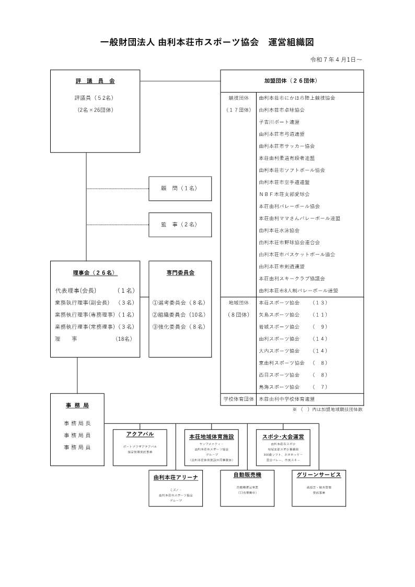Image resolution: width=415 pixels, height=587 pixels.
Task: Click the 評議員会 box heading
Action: pos(95,81)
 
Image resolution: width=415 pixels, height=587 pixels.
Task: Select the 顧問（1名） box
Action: pos(180,189)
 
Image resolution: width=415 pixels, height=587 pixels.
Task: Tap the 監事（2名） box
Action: pos(180,224)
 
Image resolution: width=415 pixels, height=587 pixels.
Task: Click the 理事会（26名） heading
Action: pos(95,272)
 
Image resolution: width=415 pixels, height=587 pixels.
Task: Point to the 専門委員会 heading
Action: pos(180,272)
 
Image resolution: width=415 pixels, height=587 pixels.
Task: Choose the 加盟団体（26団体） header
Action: pos(291,81)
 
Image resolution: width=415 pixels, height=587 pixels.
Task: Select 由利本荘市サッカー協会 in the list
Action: pos(286,146)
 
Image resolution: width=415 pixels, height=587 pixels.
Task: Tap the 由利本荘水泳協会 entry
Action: pos(279,230)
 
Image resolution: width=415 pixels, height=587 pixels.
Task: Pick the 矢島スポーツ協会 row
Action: pos(279,315)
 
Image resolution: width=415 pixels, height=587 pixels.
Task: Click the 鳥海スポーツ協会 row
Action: pos(279,387)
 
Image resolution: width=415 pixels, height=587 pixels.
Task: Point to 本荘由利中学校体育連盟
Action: pos(290,399)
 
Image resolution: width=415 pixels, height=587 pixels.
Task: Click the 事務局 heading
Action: pos(77,405)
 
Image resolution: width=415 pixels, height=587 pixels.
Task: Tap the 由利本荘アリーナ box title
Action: pos(175,477)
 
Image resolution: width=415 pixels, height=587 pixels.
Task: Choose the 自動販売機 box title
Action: pos(247,475)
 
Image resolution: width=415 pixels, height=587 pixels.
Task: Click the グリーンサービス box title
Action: pos(318,475)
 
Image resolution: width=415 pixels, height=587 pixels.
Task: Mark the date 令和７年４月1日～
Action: pos(336,60)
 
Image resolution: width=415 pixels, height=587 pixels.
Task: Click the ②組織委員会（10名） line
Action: pos(179,315)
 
